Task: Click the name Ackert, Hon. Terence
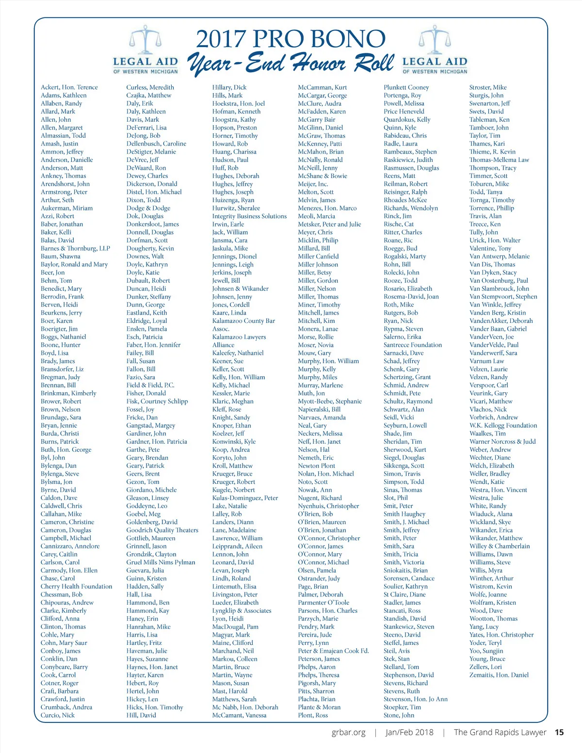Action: [69, 87]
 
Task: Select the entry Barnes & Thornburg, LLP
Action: [75, 248]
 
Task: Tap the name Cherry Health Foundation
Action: [76, 586]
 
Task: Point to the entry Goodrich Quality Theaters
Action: [162, 530]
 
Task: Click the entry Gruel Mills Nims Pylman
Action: [161, 562]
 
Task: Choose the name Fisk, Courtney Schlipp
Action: [157, 401]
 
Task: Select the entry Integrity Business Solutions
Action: [249, 216]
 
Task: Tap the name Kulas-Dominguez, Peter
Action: [245, 498]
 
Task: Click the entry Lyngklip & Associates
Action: [242, 610]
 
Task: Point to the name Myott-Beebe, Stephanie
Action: [330, 401]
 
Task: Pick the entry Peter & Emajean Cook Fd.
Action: [333, 651]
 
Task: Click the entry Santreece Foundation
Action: [413, 345]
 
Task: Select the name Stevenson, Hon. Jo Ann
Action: [416, 699]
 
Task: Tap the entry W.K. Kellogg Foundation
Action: [503, 425]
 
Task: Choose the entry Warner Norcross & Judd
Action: [502, 441]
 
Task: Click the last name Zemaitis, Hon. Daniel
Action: [499, 675]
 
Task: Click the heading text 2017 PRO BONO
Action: [291, 39]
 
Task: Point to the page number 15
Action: [559, 732]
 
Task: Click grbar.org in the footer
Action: [348, 732]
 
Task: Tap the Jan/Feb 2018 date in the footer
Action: [409, 732]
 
